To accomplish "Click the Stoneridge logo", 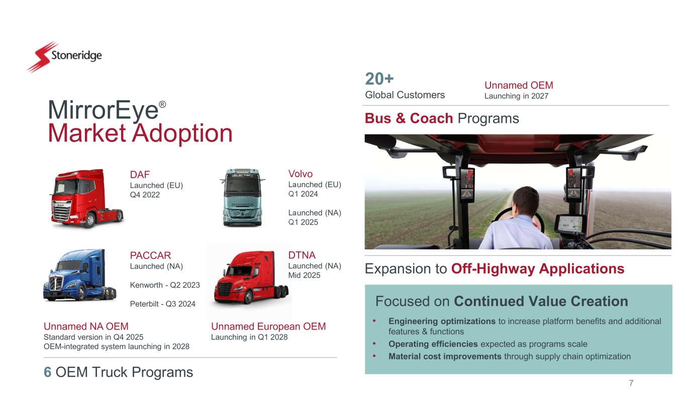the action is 65,57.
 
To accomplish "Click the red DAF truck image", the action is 86,198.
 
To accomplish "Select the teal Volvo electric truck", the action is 242,197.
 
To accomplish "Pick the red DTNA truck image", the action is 251,278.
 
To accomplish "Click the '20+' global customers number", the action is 379,79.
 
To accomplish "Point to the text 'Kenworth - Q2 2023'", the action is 165,285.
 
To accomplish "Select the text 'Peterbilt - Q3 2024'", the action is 163,304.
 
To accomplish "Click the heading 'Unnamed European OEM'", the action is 268,326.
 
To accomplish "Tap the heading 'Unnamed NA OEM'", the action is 86,326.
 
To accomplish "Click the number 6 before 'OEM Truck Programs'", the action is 47,372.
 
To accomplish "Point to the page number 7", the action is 631,383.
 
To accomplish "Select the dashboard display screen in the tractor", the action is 569,223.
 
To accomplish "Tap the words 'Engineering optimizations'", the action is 442,321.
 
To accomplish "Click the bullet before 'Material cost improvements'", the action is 374,356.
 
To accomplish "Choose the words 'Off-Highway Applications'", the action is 538,268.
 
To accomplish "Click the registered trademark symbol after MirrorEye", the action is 162,104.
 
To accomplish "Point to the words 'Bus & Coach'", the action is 409,118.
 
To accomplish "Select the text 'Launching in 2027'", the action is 516,96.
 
